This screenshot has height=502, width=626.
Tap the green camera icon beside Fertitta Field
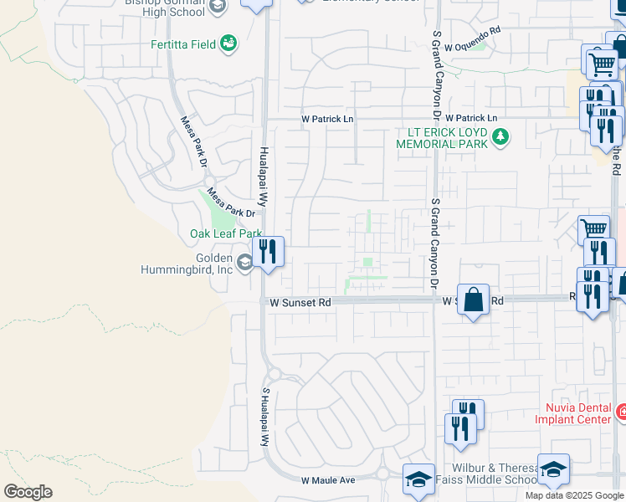click(x=228, y=44)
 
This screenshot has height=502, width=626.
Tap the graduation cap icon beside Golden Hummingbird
click(x=244, y=264)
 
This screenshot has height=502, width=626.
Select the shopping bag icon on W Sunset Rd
click(x=473, y=299)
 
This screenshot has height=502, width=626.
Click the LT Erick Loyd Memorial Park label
click(x=448, y=138)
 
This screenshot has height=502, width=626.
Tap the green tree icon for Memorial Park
click(x=500, y=136)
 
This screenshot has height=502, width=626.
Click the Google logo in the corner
click(x=28, y=492)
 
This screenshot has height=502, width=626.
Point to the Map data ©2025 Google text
click(x=573, y=495)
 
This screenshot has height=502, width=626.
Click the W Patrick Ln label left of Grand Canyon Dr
click(x=328, y=120)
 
